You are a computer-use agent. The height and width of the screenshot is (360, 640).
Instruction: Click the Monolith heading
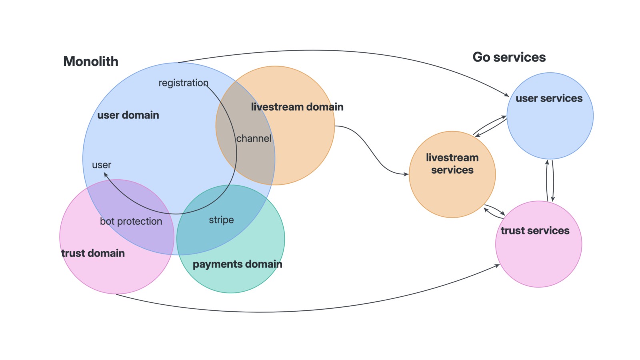[x=90, y=62]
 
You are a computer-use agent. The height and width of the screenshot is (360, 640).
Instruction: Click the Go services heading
[x=509, y=57]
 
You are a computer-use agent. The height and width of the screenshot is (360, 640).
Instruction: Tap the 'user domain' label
[x=128, y=115]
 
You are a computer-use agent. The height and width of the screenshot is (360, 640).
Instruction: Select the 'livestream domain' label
[x=297, y=107]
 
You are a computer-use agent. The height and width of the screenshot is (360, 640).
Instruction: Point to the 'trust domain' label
[x=93, y=253]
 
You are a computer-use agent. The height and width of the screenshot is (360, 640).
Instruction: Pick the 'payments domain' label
[x=238, y=264]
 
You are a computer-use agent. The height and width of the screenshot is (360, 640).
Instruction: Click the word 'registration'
[x=184, y=83]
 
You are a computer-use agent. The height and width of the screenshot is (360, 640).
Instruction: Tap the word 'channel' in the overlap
[x=254, y=138]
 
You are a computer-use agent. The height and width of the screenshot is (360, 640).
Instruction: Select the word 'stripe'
[x=222, y=220]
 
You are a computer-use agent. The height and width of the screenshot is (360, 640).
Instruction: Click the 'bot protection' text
[x=131, y=221]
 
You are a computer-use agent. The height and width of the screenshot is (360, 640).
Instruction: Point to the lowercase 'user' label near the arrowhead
[x=102, y=165]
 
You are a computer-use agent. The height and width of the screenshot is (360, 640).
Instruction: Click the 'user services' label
[x=549, y=98]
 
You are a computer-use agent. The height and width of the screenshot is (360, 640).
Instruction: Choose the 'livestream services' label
[x=452, y=164]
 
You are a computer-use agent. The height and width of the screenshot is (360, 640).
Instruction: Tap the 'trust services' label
[x=535, y=230]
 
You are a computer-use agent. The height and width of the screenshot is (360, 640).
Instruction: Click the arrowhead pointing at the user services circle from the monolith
[x=506, y=94]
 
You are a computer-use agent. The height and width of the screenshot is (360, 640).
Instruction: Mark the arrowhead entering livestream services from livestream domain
[x=406, y=174]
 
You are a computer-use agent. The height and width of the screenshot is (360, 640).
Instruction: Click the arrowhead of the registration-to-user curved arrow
[x=106, y=174]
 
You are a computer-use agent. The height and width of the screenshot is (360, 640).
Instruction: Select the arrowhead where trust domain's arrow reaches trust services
[x=497, y=266]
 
